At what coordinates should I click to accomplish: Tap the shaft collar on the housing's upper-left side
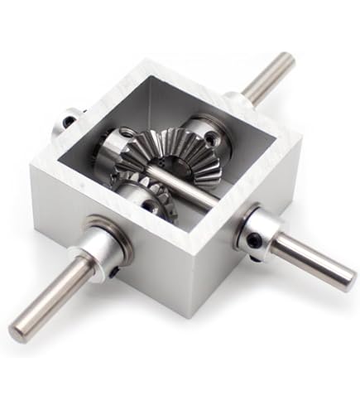68,124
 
